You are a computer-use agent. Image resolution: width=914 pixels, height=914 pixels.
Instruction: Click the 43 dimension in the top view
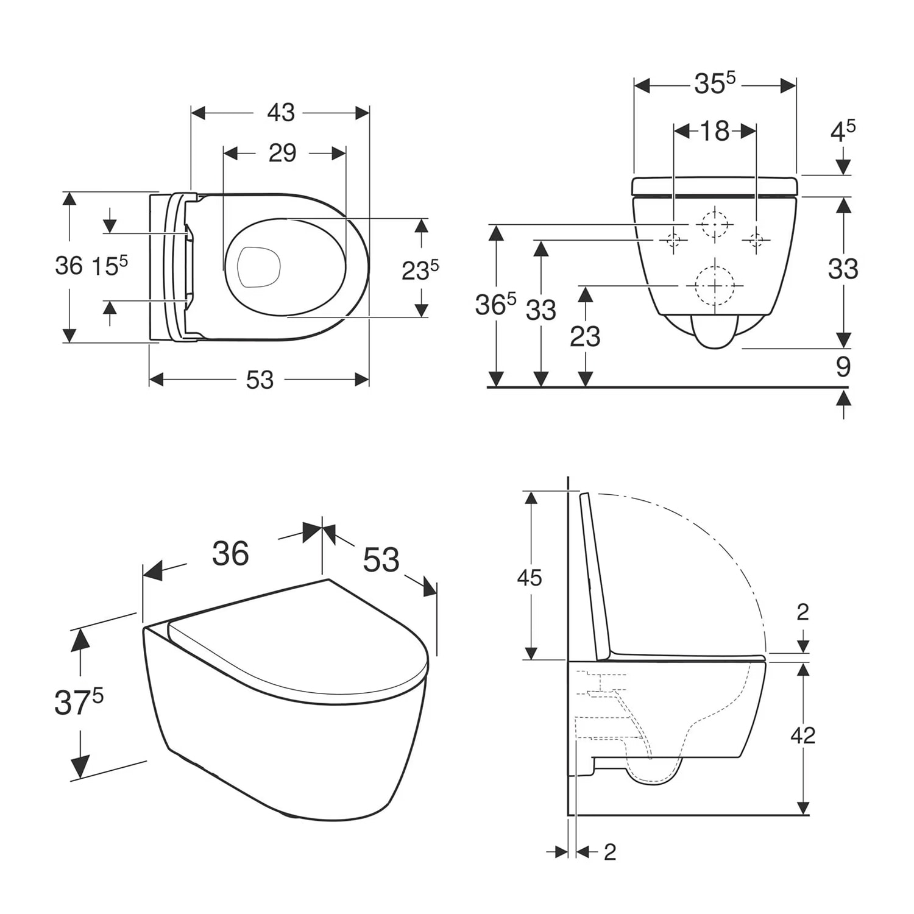[x=281, y=113]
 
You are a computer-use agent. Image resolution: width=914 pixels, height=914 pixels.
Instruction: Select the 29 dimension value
[x=282, y=153]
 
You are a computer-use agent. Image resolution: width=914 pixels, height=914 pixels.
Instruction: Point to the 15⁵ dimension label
[x=110, y=266]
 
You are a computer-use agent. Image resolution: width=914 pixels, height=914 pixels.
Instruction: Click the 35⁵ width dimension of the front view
[x=715, y=83]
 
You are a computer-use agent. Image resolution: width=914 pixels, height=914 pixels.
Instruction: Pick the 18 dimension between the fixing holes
[x=714, y=131]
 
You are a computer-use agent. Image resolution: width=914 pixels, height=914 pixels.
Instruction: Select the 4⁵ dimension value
[x=843, y=131]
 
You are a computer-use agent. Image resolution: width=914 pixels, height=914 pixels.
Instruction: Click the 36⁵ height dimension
[x=495, y=304]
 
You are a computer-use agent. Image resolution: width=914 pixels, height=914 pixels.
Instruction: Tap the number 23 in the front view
[x=585, y=336]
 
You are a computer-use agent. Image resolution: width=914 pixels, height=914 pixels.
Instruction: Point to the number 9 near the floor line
[x=843, y=367]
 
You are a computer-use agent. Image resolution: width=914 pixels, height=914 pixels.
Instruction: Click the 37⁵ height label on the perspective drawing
[x=79, y=702]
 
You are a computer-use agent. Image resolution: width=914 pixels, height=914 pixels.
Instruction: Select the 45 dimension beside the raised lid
[x=529, y=578]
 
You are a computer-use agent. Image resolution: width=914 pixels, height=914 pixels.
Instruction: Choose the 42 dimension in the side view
[x=802, y=735]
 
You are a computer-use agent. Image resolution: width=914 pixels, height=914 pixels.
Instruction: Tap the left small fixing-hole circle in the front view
[x=673, y=240]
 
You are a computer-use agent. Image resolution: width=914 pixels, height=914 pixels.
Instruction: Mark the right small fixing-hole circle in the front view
[x=756, y=240]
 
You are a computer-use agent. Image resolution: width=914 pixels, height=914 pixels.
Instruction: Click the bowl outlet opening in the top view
[x=258, y=267]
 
